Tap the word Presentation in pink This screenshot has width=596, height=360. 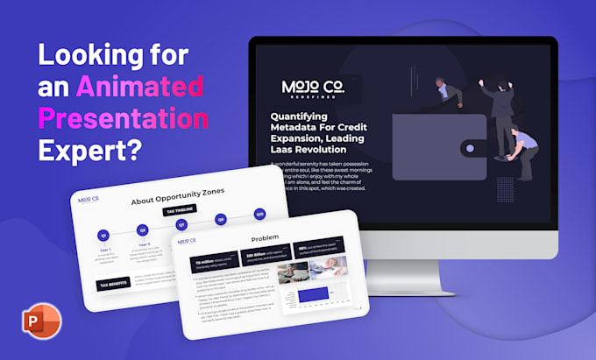(x=123, y=117)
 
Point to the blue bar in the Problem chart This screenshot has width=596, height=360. (x=314, y=293)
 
